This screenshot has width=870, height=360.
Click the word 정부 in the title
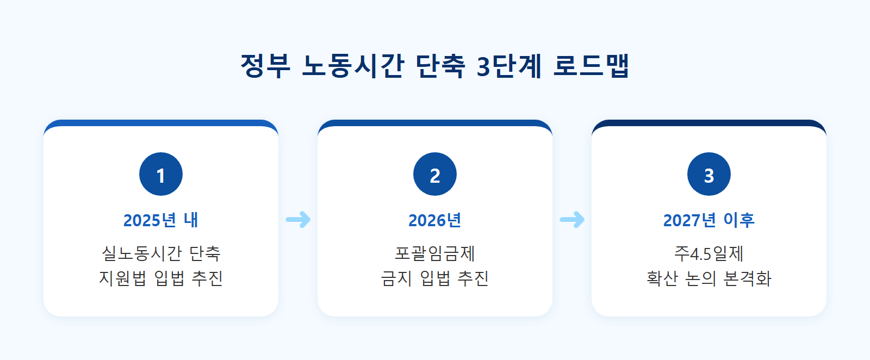265,66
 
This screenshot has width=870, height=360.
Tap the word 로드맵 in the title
591,66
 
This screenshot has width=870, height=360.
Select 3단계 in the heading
509,66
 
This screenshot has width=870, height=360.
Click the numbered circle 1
161,174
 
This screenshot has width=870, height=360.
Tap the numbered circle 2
435,174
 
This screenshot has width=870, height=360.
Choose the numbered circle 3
709,174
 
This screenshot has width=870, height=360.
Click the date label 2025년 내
161,220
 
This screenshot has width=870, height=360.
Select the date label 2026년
435,220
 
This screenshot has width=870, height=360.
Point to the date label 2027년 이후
709,220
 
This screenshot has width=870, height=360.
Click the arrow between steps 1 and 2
298,220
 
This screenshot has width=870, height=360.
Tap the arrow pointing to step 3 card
572,220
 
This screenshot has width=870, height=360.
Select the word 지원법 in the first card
122,278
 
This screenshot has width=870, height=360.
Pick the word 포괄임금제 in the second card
435,253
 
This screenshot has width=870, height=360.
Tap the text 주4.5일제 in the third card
709,253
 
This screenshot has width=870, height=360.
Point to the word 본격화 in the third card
747,278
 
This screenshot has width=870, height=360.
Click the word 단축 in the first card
205,253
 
